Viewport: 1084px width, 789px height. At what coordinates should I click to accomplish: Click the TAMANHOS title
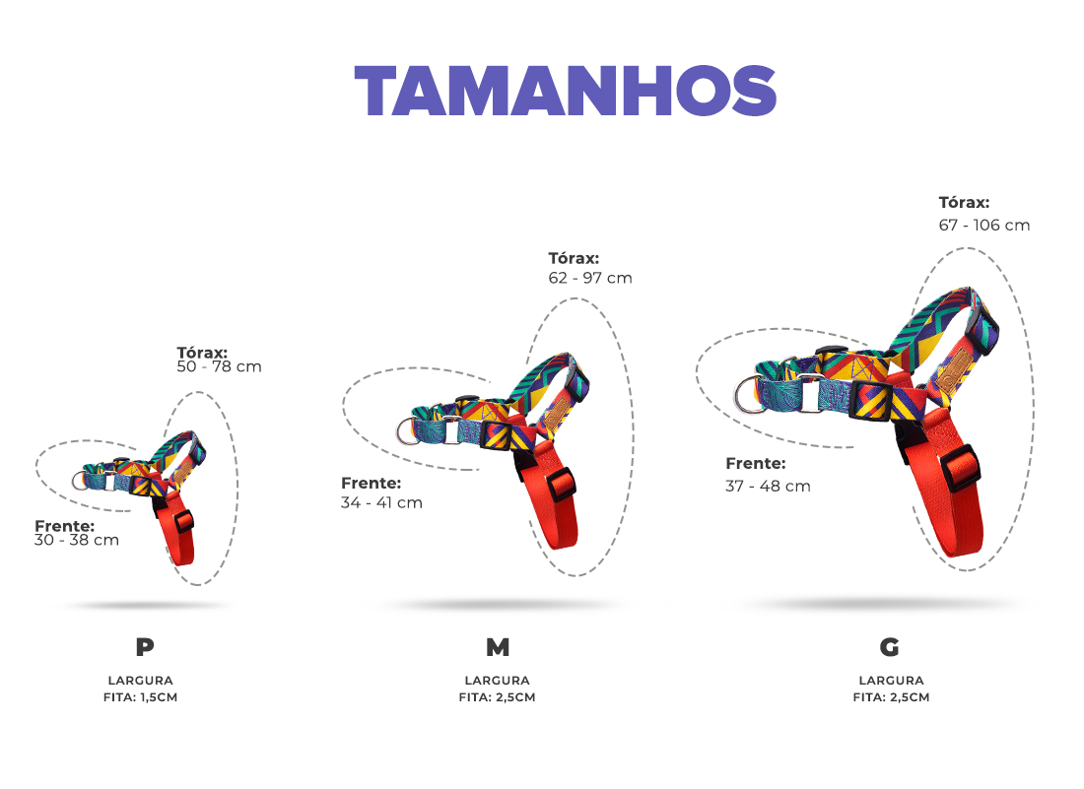(566, 91)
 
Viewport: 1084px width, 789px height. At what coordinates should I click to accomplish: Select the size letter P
(145, 647)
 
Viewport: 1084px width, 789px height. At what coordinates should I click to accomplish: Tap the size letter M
(498, 647)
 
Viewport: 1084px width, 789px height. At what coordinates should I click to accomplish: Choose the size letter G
(890, 647)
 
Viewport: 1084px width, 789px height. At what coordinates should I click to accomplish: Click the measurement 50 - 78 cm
(219, 366)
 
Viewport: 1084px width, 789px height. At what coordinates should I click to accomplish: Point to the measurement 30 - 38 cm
(77, 540)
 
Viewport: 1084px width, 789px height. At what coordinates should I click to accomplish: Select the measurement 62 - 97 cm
(590, 278)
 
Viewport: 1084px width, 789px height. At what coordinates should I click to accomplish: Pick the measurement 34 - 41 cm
(381, 503)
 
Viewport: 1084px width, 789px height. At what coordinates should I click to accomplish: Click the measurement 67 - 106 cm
(984, 226)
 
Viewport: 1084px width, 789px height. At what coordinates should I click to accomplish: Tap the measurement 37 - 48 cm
(768, 487)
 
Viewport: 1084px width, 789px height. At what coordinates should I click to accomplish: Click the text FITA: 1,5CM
(140, 697)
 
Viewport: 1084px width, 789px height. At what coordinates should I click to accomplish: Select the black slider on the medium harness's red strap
(562, 485)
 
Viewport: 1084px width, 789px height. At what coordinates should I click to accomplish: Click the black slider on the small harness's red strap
(184, 521)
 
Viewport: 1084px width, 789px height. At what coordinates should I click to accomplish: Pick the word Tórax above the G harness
(964, 203)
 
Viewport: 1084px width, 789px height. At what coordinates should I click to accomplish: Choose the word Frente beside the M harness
(372, 483)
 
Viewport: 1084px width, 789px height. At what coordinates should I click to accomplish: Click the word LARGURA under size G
(891, 681)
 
